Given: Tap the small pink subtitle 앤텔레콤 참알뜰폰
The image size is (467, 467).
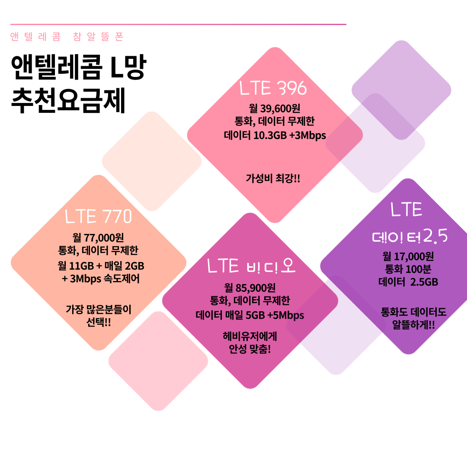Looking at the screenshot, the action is coord(67,37).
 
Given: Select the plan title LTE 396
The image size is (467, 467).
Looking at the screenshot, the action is coord(273,88).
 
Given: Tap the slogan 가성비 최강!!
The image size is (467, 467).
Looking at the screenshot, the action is coord(273,178).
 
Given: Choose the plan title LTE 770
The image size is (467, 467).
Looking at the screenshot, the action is coord(98,217).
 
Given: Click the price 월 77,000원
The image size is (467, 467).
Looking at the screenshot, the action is coord(99,237).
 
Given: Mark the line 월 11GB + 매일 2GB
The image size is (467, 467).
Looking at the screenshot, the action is coord(101,265).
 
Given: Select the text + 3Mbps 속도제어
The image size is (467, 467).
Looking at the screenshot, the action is coord(101,278).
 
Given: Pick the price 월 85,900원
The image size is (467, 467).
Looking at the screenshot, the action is coord(250,288).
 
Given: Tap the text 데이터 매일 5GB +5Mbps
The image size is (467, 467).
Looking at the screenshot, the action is coord(250,315).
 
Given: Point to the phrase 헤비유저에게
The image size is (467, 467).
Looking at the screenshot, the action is coord(250,336).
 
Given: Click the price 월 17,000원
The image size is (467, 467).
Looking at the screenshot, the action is coord(408,256).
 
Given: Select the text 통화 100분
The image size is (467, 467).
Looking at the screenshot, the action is coord(408,269).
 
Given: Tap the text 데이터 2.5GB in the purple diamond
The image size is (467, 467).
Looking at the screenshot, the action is coord(408,282).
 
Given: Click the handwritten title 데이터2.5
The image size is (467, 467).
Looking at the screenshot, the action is coord(409,237).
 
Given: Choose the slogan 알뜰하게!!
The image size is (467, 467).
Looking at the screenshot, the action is coord(413,325).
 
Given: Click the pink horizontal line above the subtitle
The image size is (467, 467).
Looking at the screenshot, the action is coord(178,24).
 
